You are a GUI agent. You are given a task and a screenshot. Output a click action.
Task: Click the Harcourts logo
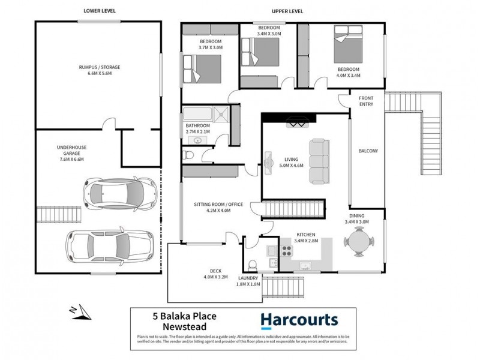(299, 321)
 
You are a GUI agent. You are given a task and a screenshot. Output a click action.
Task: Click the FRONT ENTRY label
(367, 101)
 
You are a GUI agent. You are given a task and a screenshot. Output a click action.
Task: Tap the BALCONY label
(367, 151)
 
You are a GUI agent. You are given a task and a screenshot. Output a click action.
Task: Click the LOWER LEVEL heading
(100, 11)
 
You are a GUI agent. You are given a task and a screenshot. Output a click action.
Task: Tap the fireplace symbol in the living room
(298, 122)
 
